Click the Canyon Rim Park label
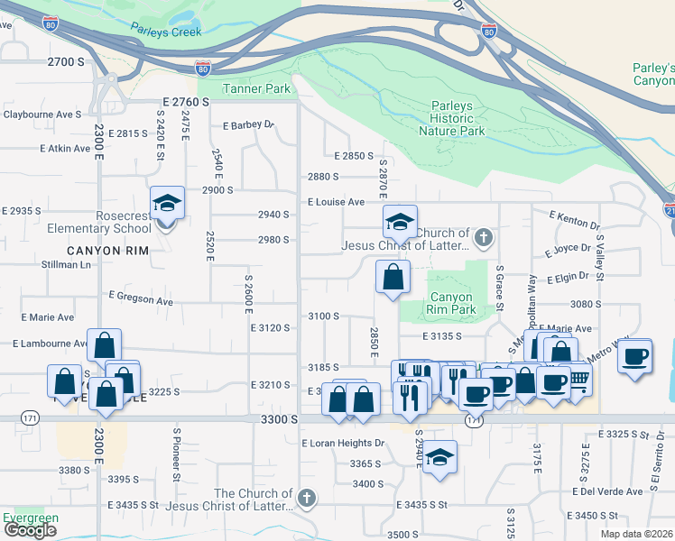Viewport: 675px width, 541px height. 451,304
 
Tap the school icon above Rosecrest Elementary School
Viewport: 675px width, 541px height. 167,204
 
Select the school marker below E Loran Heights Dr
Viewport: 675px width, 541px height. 439,457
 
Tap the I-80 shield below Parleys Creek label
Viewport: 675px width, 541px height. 203,68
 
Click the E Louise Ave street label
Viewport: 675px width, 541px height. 336,202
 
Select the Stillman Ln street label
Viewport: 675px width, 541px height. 67,265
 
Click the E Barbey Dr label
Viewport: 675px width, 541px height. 247,125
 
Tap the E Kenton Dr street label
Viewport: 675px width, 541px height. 574,218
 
